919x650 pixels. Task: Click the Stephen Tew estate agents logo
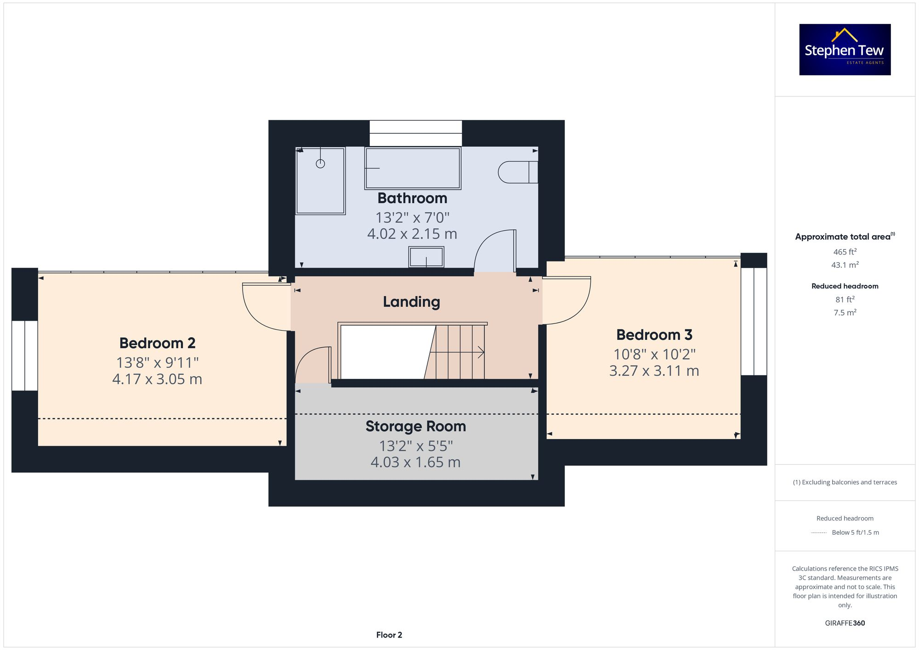[x=845, y=50]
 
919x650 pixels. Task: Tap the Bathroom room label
[x=412, y=198]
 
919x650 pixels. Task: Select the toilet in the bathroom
[x=518, y=172]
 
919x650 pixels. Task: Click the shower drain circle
[x=320, y=164]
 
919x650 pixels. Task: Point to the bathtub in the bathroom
[x=413, y=168]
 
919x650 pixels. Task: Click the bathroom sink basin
[x=426, y=257]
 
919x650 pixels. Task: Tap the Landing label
[x=411, y=302]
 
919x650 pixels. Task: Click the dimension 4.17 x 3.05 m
[x=157, y=379]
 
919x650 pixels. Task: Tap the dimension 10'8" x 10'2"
[x=654, y=354]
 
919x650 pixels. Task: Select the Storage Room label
[x=415, y=426]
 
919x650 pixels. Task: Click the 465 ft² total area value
[x=845, y=252]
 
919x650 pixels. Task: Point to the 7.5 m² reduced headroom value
[x=845, y=312]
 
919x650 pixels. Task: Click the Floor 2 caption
[x=389, y=635]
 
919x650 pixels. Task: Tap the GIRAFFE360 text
[x=845, y=623]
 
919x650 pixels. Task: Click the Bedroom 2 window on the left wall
[x=24, y=356]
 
